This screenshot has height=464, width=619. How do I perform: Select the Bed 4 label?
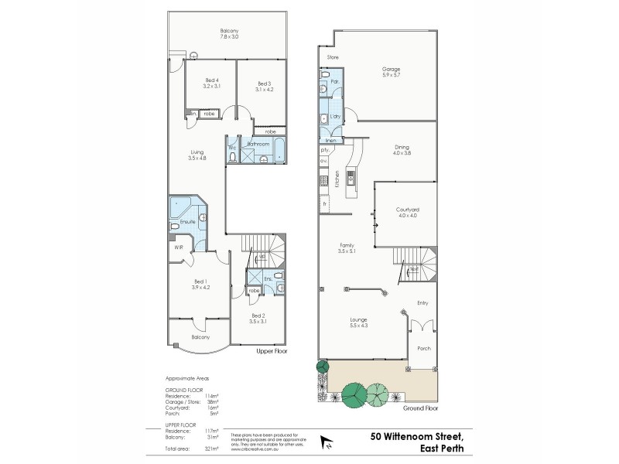(x=212, y=83)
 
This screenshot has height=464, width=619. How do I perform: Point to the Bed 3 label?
(x=265, y=86)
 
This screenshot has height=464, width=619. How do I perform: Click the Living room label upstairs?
(x=197, y=155)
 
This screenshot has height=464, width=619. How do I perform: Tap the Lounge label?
(x=357, y=322)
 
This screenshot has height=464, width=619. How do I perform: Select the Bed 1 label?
(x=200, y=284)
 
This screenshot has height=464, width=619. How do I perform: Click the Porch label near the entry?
(x=423, y=348)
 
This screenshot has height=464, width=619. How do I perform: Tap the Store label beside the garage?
(x=333, y=57)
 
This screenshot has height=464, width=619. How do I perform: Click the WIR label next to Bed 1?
(x=178, y=247)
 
